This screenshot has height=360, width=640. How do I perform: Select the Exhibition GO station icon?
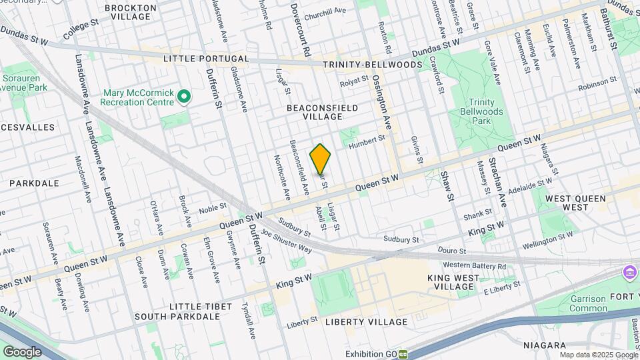(403, 353)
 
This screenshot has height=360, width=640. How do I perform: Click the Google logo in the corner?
(22, 352)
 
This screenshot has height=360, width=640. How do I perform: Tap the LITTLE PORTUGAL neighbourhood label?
(207, 59)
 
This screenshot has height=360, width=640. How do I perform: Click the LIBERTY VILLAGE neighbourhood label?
(366, 322)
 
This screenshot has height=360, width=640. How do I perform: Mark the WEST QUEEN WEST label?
(575, 203)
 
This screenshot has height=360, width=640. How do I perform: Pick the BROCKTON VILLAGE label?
(131, 13)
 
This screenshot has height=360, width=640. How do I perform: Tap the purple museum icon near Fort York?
(628, 272)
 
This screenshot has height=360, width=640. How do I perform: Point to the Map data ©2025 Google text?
(598, 355)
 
